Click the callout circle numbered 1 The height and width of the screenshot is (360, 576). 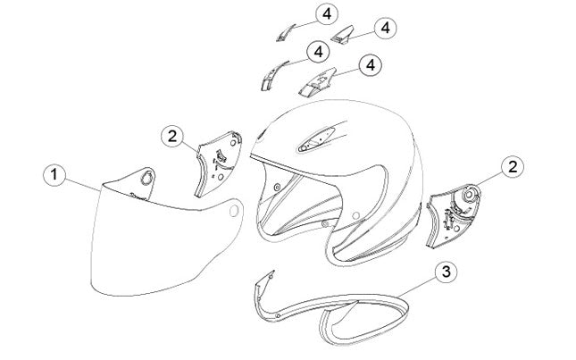pos(54,175)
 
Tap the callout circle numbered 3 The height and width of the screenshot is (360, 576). pos(446,272)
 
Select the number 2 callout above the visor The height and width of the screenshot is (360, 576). pos(172,137)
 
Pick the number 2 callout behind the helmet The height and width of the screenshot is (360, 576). pos(513,168)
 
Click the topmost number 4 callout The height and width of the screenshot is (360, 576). pos(327,14)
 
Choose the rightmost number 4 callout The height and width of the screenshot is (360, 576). pos(386,28)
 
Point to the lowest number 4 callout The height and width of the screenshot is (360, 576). pos(371,65)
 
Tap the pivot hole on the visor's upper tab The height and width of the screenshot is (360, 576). pos(147,178)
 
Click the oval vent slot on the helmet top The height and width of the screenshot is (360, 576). pos(316,139)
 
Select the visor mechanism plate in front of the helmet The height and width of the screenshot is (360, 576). pos(219,163)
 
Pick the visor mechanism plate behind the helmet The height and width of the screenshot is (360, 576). pos(454,215)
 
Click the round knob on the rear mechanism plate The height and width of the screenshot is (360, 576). pos(470,195)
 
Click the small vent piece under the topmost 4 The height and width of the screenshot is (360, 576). pos(285,33)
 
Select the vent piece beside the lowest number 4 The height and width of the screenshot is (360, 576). pos(318,83)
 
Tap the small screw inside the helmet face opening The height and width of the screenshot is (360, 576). pos(277,188)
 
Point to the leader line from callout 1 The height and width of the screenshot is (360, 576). pos(83,182)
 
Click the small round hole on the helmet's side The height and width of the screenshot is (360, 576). pos(355,215)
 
